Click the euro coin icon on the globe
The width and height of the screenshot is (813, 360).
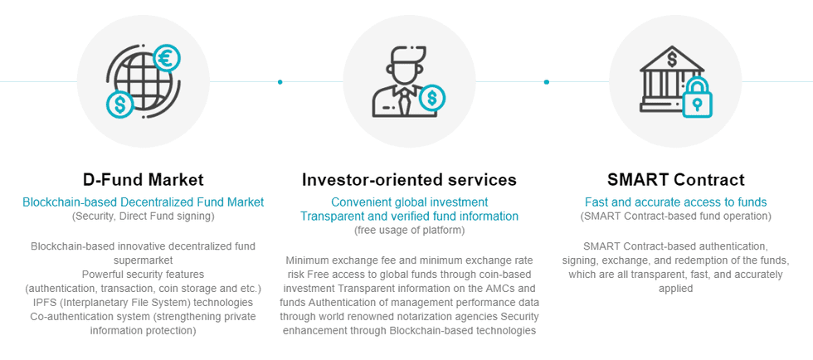(167, 59)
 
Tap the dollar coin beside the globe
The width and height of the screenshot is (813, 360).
(119, 105)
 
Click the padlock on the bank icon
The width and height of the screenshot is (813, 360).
(697, 101)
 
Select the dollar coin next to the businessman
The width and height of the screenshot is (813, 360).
(431, 99)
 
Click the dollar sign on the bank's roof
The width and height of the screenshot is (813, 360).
(671, 60)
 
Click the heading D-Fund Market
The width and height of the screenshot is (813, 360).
(143, 179)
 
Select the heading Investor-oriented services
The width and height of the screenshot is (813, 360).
(409, 179)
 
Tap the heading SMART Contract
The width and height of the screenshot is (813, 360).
(675, 179)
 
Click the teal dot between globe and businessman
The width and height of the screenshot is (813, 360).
(280, 81)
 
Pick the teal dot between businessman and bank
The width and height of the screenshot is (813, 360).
(547, 81)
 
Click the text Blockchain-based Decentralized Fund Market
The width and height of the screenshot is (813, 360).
(143, 202)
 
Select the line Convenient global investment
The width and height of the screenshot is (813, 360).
(409, 202)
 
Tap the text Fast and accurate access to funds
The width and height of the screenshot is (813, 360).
(675, 202)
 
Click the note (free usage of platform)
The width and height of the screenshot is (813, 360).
(409, 230)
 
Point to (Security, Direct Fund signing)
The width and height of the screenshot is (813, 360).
(143, 216)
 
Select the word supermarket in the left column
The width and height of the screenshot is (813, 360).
(143, 260)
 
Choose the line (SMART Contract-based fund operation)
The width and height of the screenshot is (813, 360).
(675, 216)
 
